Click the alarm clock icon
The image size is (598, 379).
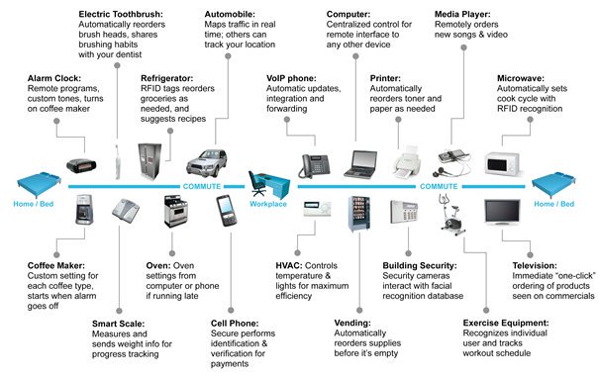pyautogui.click(x=81, y=166)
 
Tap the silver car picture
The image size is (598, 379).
pyautogui.click(x=207, y=163)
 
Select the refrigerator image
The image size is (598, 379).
pyautogui.click(x=149, y=161)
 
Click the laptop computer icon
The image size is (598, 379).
pyautogui.click(x=360, y=164)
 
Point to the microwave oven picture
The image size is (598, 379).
pyautogui.click(x=503, y=163)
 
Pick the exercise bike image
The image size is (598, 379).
pyautogui.click(x=451, y=215)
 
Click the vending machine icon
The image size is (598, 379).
pyautogui.click(x=359, y=214)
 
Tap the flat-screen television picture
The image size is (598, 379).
pyautogui.click(x=502, y=212)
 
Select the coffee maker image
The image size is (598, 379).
pyautogui.click(x=84, y=210)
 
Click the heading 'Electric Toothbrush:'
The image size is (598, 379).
pyautogui.click(x=121, y=14)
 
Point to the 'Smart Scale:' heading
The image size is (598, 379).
pyautogui.click(x=118, y=324)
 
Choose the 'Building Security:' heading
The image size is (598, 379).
pyautogui.click(x=420, y=265)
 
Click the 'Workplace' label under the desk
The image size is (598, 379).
pyautogui.click(x=268, y=204)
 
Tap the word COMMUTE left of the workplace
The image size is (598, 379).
pyautogui.click(x=202, y=186)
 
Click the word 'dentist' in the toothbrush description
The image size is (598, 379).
pyautogui.click(x=126, y=54)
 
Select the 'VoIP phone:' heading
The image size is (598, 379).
pyautogui.click(x=291, y=78)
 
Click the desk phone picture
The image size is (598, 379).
pyautogui.click(x=314, y=166)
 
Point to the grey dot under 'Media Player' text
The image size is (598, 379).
pyautogui.click(x=463, y=47)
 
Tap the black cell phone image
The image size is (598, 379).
pyautogui.click(x=227, y=211)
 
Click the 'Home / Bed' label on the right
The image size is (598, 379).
pyautogui.click(x=554, y=204)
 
